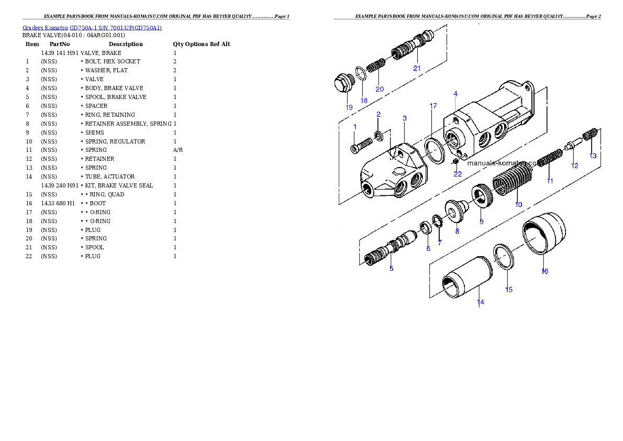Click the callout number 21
coord(417,68)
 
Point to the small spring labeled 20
coord(375,67)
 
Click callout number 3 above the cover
coord(405,118)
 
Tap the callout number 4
coord(455,94)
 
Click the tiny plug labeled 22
coord(455,161)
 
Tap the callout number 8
coord(457,230)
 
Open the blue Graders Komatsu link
coord(92,28)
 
